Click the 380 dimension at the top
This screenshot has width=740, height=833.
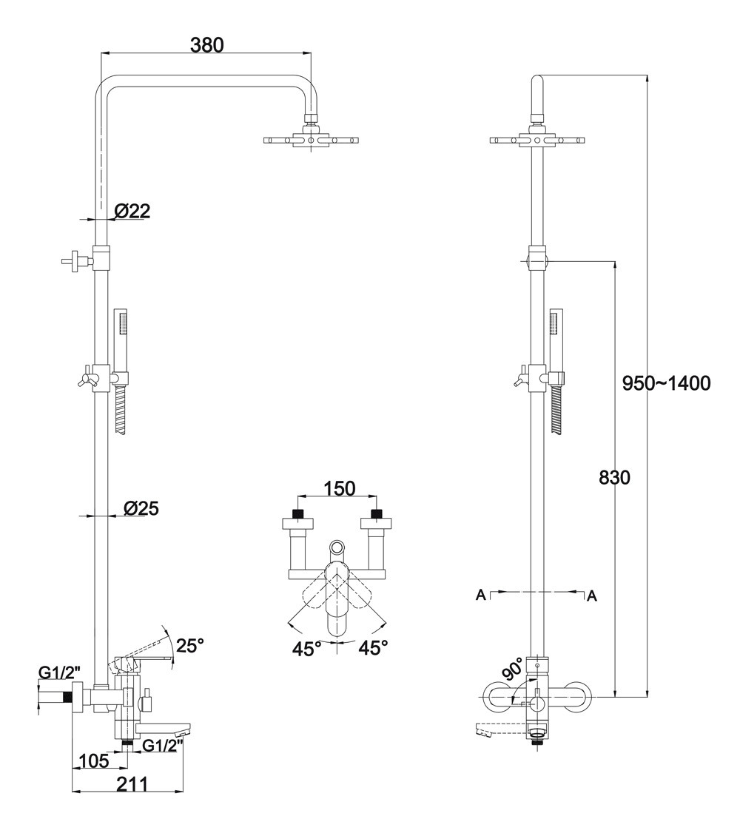(x=206, y=45)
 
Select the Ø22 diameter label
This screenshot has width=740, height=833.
(x=132, y=212)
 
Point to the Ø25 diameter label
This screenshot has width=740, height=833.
(x=141, y=508)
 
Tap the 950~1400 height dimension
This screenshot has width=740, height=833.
(x=666, y=383)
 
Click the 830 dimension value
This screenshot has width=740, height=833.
(x=614, y=478)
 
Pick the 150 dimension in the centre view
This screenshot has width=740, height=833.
(x=340, y=488)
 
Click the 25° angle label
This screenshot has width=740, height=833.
(x=189, y=645)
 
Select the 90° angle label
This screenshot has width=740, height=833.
(x=513, y=669)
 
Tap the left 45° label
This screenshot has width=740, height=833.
(x=307, y=649)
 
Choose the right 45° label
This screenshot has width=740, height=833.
(x=374, y=649)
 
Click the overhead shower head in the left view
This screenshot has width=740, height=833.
(x=312, y=139)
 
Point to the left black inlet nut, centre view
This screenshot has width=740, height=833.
(x=298, y=513)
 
